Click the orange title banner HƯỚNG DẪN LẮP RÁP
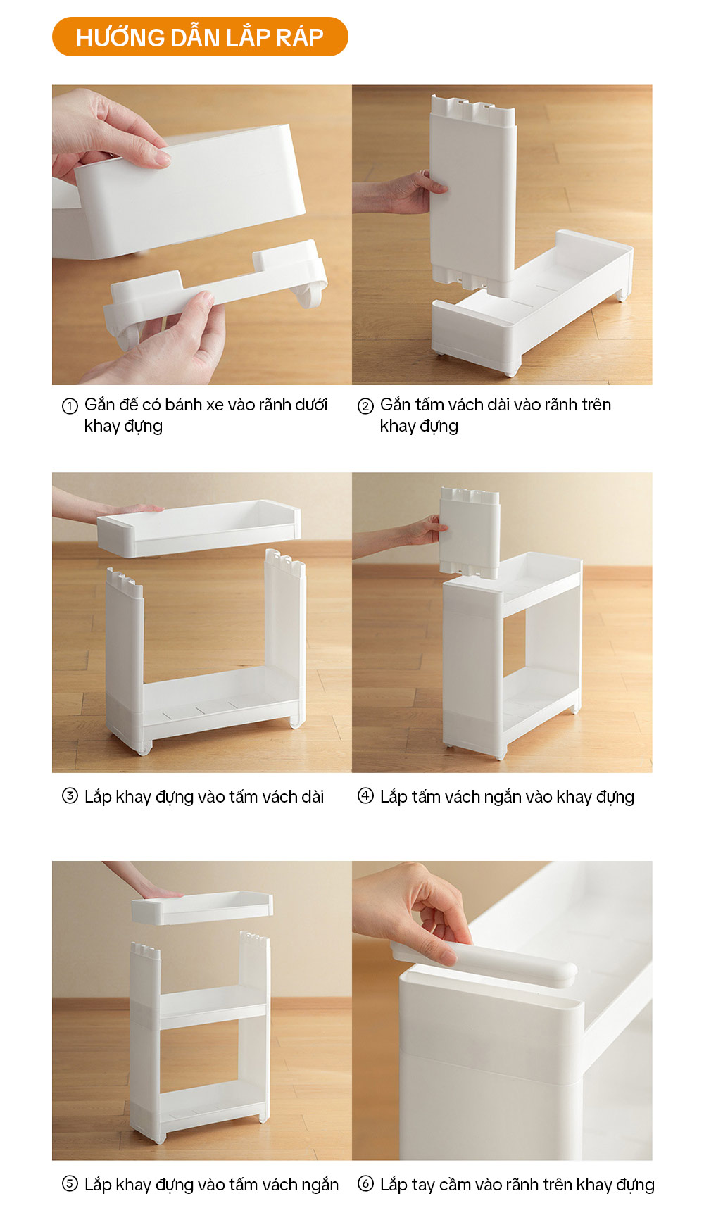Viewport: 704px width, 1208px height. (200, 37)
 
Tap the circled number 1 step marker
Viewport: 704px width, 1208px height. (70, 406)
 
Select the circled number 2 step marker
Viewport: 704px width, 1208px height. (365, 406)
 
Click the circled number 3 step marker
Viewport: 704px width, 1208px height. (70, 796)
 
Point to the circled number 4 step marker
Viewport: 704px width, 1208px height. (365, 796)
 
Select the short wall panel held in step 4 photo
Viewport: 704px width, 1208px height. (470, 531)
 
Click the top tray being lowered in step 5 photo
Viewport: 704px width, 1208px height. (202, 907)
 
